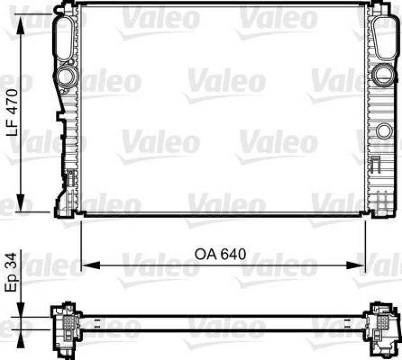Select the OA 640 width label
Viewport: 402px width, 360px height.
[x=221, y=254]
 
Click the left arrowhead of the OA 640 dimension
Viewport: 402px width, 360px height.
[x=86, y=264]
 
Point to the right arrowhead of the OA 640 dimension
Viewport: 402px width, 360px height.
[x=360, y=264]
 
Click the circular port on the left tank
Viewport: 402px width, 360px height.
[x=65, y=76]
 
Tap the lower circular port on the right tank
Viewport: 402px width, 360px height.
[x=384, y=130]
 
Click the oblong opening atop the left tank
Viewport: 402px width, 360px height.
[x=64, y=37]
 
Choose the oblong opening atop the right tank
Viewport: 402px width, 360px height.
[x=384, y=37]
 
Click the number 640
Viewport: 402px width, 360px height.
[x=234, y=254]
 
